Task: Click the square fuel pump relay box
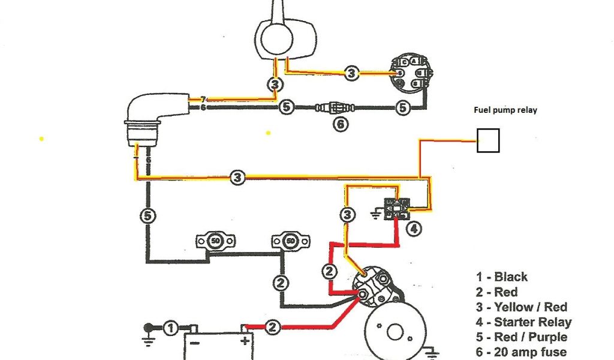click(488, 141)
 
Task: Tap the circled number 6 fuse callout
click(340, 125)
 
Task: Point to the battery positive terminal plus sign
click(245, 340)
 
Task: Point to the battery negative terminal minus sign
click(192, 340)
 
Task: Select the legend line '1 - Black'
click(502, 277)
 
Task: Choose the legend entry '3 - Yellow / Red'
click(522, 307)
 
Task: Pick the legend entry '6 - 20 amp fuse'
click(521, 352)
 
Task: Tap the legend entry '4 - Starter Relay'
click(524, 322)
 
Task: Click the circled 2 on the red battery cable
click(272, 328)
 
